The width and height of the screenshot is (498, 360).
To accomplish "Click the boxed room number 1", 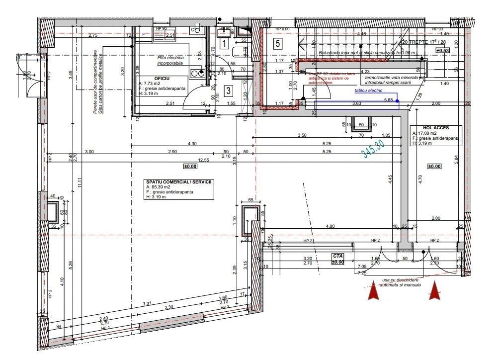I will (224, 44).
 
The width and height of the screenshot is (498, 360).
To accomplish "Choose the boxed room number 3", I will (227, 90).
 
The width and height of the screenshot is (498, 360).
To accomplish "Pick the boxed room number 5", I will (278, 43).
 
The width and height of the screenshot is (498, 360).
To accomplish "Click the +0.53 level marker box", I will (443, 50).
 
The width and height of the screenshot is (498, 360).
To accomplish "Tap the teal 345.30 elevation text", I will (374, 148).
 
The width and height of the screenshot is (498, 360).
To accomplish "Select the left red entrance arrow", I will (373, 290).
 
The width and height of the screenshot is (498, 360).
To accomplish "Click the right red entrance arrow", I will (436, 290).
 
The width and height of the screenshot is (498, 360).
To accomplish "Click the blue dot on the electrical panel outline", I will (397, 101).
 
